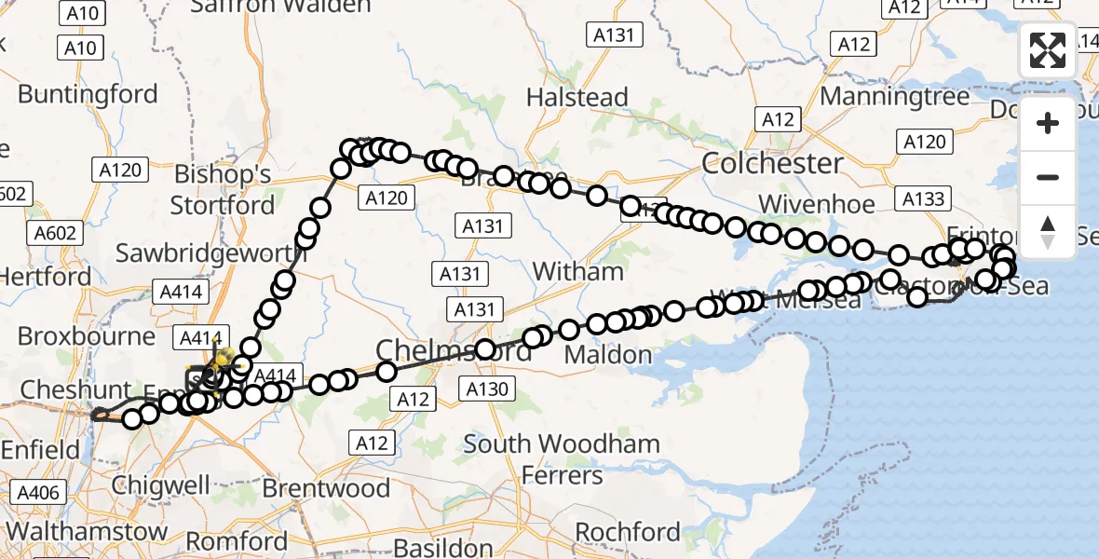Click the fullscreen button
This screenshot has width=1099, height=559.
tap(1048, 49)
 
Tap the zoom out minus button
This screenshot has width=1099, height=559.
tap(1048, 177)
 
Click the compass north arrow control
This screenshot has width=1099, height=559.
tap(1048, 231)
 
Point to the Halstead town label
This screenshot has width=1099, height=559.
tap(577, 97)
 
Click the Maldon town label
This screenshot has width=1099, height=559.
tap(608, 355)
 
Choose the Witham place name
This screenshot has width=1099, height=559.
tap(577, 272)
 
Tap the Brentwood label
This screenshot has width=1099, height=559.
tap(326, 488)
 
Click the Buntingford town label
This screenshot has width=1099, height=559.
tap(88, 94)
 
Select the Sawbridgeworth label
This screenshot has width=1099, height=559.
tap(210, 252)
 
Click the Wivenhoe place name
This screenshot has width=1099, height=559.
tap(817, 204)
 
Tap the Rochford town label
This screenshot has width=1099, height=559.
tap(628, 532)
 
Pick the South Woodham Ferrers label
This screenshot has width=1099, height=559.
tap(563, 459)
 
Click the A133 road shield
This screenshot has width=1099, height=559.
tap(923, 198)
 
